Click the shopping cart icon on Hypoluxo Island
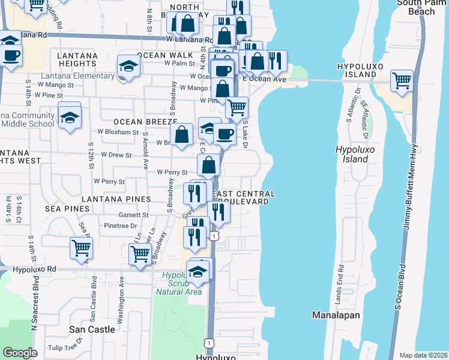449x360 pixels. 401,80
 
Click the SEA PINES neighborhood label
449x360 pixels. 67,208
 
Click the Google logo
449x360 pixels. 20,352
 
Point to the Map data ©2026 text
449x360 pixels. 423,355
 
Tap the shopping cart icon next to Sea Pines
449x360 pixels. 81,247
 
